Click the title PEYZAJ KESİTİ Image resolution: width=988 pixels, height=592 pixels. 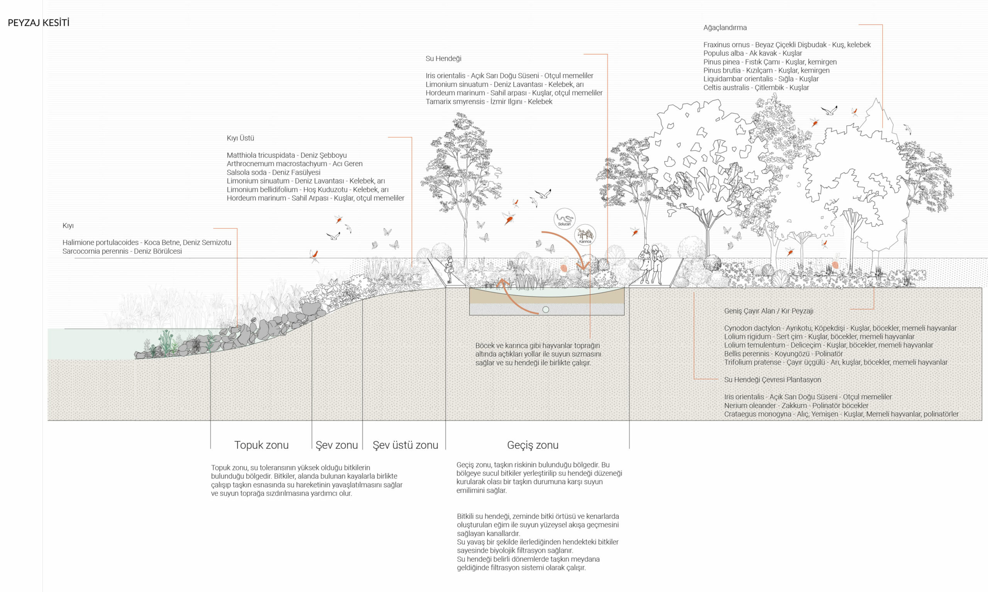pyautogui.click(x=38, y=23)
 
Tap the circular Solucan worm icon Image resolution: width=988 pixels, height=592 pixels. pyautogui.click(x=564, y=219)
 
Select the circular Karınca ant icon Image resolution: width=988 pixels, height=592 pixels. pyautogui.click(x=585, y=235)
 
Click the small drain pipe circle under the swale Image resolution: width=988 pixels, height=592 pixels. pyautogui.click(x=546, y=310)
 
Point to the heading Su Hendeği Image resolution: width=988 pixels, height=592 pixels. pyautogui.click(x=443, y=59)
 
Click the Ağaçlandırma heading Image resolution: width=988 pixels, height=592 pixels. pyautogui.click(x=724, y=27)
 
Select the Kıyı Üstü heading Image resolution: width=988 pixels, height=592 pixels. pyautogui.click(x=240, y=138)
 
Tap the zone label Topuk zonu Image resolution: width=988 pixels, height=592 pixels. pyautogui.click(x=261, y=445)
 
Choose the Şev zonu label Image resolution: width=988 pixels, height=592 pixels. pyautogui.click(x=337, y=445)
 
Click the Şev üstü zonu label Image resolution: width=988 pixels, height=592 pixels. pyautogui.click(x=405, y=445)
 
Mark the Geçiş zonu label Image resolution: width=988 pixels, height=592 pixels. pyautogui.click(x=533, y=445)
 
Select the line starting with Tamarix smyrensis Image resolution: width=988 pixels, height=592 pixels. pyautogui.click(x=489, y=102)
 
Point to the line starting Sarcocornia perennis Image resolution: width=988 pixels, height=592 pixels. pyautogui.click(x=122, y=251)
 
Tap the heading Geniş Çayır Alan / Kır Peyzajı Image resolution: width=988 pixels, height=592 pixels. pyautogui.click(x=768, y=311)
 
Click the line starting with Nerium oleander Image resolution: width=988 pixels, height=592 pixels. pyautogui.click(x=796, y=406)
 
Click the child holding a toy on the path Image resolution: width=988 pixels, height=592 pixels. pyautogui.click(x=450, y=269)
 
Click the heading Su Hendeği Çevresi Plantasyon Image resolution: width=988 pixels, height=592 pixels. pyautogui.click(x=772, y=380)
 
